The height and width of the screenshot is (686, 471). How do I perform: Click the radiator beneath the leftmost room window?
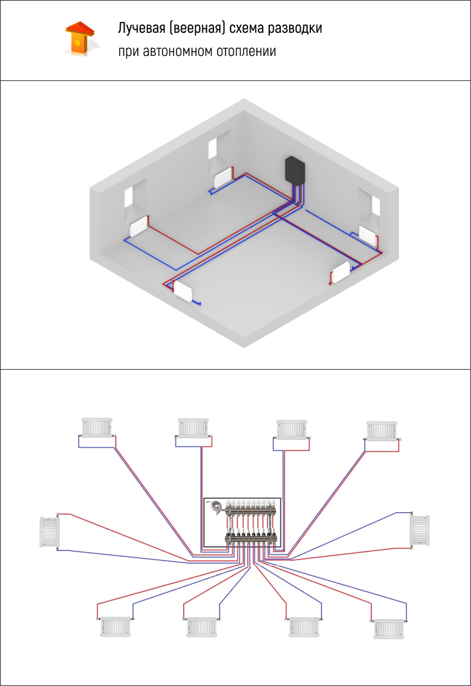tap(139, 226)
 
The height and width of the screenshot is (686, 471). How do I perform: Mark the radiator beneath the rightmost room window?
tap(369, 234)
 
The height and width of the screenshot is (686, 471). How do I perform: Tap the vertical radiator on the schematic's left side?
tap(49, 531)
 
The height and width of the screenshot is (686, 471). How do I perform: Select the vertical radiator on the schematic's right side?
tap(419, 530)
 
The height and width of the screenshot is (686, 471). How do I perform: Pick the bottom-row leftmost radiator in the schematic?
tap(116, 626)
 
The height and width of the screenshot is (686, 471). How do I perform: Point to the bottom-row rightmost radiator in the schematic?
tap(389, 627)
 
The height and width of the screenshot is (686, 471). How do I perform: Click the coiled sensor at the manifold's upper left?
tap(217, 507)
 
